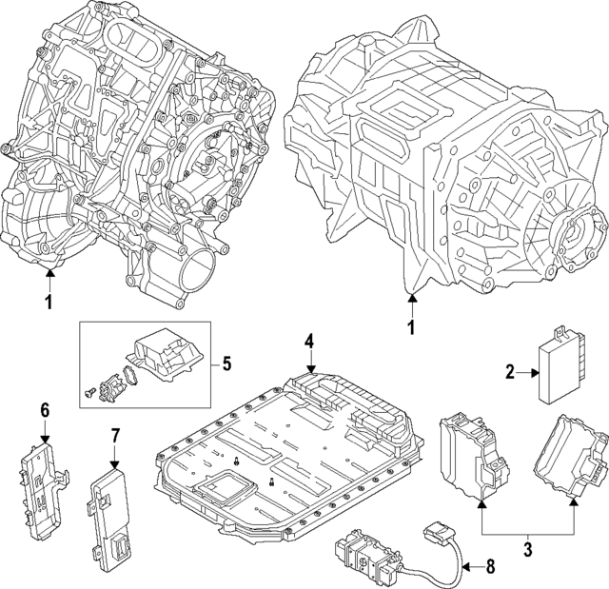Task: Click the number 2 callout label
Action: tap(509, 373)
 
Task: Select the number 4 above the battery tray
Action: tap(308, 341)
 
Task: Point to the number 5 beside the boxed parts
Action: tap(226, 363)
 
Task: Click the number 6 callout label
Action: tap(43, 411)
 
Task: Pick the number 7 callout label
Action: tap(115, 436)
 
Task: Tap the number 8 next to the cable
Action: tap(491, 568)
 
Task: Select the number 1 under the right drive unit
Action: tap(412, 328)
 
